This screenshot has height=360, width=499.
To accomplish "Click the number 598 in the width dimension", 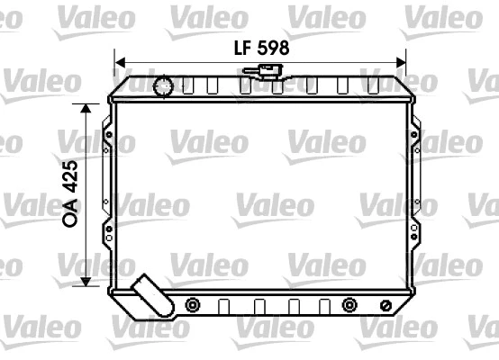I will coord(271,49).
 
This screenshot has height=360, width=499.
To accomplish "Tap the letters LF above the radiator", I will coord(237,49).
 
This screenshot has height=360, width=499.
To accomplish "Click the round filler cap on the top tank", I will coord(164,86).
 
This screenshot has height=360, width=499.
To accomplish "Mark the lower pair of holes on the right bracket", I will coord(414,231).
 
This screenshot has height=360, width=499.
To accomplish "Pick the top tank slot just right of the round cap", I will coord(187,86).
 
